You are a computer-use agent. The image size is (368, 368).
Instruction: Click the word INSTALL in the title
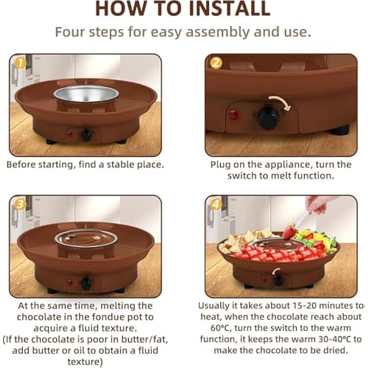click(229, 9)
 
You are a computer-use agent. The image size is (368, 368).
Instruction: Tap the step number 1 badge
click(21, 63)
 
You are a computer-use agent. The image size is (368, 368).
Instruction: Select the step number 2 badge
click(216, 63)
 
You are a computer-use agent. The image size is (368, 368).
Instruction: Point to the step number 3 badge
click(20, 205)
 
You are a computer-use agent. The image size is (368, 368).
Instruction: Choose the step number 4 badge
click(216, 205)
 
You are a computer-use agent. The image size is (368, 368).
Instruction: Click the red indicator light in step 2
click(233, 115)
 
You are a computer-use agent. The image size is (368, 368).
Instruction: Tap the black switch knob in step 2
click(268, 118)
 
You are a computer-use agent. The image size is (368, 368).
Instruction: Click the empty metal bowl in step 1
click(86, 94)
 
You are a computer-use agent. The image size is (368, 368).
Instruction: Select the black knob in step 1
click(87, 135)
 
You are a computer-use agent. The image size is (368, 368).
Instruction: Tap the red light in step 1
click(69, 134)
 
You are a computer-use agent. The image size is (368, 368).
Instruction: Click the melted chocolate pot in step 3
click(86, 239)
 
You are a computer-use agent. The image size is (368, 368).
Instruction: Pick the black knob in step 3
click(87, 283)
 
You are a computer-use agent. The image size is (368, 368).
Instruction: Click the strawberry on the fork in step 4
click(289, 231)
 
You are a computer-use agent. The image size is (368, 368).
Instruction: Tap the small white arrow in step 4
click(276, 271)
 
